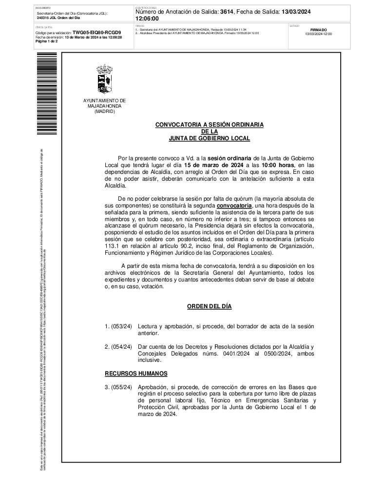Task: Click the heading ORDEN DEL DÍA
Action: pyautogui.click(x=210, y=306)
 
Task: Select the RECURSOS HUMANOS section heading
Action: pyautogui.click(x=136, y=374)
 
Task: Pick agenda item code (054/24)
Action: pyautogui.click(x=121, y=347)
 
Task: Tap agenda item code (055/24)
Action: pyautogui.click(x=121, y=387)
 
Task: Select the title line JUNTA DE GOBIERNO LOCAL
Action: pyautogui.click(x=209, y=138)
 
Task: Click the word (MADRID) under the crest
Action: pyautogui.click(x=104, y=112)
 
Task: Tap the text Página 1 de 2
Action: pyautogui.click(x=47, y=41)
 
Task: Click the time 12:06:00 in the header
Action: pyautogui.click(x=150, y=19)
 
